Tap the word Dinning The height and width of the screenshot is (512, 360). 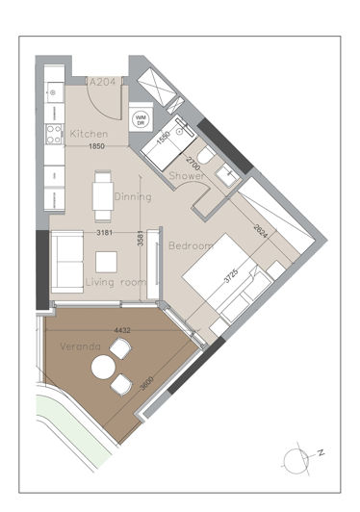point(133,196)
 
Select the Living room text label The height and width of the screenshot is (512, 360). point(115,282)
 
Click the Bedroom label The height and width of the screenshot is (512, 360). point(189,246)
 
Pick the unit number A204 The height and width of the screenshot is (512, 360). point(103,84)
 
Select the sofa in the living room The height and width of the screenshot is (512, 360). point(65,261)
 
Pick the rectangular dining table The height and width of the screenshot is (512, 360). point(101,196)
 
